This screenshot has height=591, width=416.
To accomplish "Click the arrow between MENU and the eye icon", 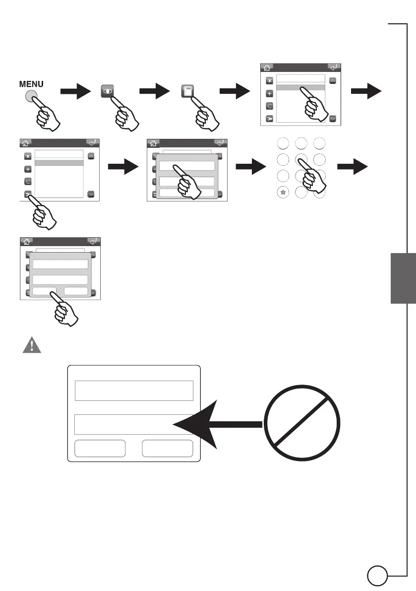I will (75, 91).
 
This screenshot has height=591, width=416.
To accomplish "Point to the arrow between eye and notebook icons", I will (155, 91).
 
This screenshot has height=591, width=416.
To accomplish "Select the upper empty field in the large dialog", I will (133, 391).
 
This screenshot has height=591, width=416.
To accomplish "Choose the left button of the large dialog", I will (99, 449).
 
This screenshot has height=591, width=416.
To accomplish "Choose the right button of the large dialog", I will (167, 449).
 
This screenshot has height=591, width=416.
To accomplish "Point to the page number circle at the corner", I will (377, 577).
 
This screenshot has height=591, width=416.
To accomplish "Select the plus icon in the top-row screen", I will (270, 93).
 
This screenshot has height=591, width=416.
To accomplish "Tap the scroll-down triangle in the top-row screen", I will (333, 119).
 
